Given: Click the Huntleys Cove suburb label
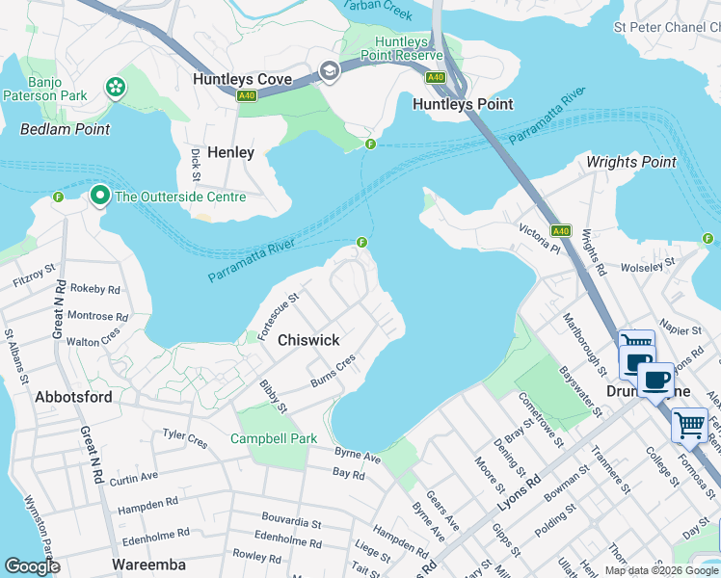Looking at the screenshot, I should pyautogui.click(x=253, y=79).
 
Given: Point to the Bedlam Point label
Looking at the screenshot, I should pyautogui.click(x=66, y=129).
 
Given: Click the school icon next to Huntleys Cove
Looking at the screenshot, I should pyautogui.click(x=330, y=72).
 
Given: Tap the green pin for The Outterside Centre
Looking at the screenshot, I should pyautogui.click(x=99, y=197).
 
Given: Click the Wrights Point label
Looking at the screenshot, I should pyautogui.click(x=631, y=162).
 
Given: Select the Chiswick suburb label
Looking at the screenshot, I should pyautogui.click(x=308, y=340).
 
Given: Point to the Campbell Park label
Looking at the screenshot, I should pyautogui.click(x=274, y=438).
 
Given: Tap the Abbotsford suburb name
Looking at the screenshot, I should pyautogui.click(x=73, y=396).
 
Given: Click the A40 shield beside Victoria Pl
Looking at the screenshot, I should pyautogui.click(x=561, y=231).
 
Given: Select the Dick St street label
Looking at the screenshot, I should pyautogui.click(x=196, y=165).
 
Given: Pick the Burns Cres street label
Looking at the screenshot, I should pyautogui.click(x=334, y=371).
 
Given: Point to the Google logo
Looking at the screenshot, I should pyautogui.click(x=32, y=565).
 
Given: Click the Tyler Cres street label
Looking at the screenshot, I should pyautogui.click(x=185, y=438).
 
